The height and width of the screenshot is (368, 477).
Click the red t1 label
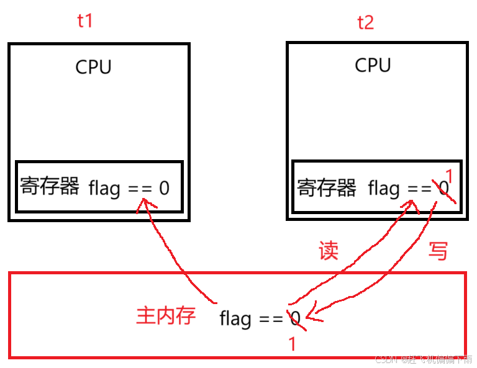click(84, 21)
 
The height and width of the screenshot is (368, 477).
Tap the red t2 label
click(365, 23)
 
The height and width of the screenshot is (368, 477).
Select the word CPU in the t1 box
click(93, 67)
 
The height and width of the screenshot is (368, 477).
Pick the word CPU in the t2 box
click(373, 65)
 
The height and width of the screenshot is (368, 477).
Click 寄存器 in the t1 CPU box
click(50, 186)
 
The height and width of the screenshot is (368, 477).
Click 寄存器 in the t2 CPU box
click(327, 187)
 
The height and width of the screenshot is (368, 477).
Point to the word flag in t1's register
click(104, 187)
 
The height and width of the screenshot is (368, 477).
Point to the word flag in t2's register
click(383, 188)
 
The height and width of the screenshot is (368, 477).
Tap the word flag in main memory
click(235, 319)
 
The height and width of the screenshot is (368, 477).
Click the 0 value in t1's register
click(164, 188)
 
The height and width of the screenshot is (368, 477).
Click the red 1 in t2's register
click(450, 176)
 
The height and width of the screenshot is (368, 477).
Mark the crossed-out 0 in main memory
click(295, 319)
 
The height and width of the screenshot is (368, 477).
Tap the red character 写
click(438, 251)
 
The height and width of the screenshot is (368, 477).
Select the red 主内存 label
click(166, 315)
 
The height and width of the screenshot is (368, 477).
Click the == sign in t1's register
click(140, 188)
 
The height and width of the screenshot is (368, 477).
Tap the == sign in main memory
click(271, 320)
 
